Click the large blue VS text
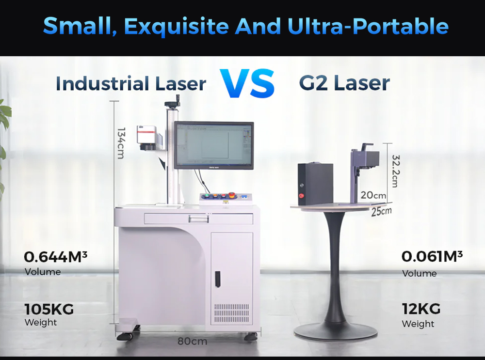tap(247, 83)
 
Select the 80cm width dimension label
tap(192, 341)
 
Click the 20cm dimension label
tap(373, 195)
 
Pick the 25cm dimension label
tap(381, 211)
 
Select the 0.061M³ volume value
tap(432, 256)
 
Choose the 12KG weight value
tap(421, 308)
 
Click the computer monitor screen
tap(213, 145)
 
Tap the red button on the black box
tap(301, 196)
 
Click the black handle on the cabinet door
tap(218, 278)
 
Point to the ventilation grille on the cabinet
tap(231, 314)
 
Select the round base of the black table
tap(336, 331)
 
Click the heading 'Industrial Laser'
tap(130, 84)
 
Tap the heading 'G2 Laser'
tap(344, 83)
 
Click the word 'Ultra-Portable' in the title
tap(368, 27)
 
